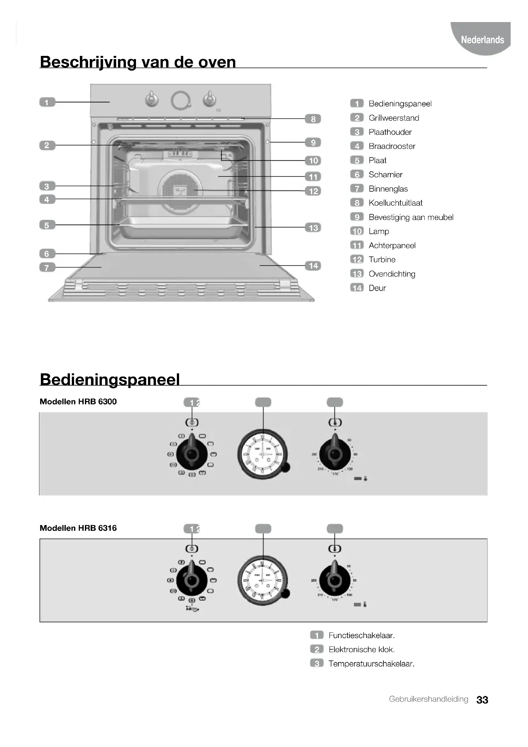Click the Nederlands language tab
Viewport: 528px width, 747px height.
coord(482,40)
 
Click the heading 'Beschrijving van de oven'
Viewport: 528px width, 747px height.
coord(138,62)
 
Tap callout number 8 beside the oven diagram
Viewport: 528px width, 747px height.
coord(313,119)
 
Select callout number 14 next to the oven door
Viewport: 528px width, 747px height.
coord(313,266)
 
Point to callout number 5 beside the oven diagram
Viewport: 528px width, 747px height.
coord(47,225)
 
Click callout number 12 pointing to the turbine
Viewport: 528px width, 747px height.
coord(313,191)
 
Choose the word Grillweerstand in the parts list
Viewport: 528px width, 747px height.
coord(394,118)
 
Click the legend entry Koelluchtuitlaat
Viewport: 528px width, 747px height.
coord(395,203)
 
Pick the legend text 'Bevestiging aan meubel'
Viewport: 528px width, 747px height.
coord(411,217)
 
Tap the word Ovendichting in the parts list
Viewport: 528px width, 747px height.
coord(392,274)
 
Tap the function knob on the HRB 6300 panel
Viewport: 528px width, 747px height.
coord(192,454)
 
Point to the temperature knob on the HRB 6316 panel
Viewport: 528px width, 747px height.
coord(335,580)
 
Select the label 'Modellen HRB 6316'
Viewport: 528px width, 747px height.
coord(78,528)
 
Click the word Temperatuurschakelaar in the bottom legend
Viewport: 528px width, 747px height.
coord(371,664)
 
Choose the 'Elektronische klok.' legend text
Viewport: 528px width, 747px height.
coord(362,649)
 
